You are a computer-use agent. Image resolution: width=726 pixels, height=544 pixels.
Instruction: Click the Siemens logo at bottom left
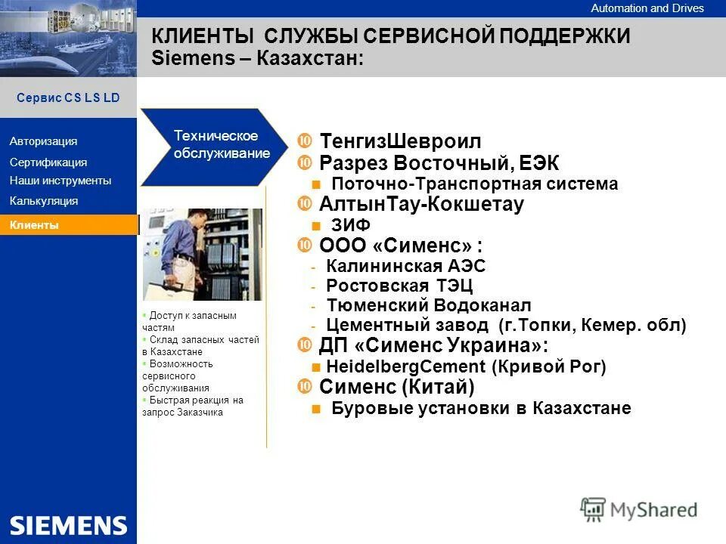(68, 525)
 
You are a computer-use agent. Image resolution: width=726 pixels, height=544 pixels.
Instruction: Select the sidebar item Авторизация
(44, 141)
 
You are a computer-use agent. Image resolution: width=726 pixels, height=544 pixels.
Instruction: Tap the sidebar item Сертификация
(48, 162)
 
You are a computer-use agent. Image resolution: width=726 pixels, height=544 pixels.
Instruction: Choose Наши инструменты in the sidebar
(60, 181)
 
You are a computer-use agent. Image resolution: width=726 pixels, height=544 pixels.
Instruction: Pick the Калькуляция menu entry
(44, 201)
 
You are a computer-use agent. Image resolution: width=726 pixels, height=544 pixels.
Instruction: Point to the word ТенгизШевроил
(400, 141)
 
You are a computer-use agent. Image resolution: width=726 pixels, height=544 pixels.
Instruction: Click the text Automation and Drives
(647, 8)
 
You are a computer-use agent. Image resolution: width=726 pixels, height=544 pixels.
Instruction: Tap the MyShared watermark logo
(639, 509)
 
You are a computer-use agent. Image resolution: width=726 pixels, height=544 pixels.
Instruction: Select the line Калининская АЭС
(405, 266)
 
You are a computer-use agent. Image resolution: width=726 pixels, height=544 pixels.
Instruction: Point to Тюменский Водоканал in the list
(429, 305)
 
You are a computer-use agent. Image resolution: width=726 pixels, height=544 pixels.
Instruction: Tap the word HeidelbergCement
(405, 366)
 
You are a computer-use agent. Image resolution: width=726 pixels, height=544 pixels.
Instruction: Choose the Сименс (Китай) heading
(397, 387)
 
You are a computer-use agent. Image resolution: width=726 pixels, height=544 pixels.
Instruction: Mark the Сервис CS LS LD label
(68, 98)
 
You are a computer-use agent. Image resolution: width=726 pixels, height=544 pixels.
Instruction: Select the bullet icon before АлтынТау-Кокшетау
(306, 204)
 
